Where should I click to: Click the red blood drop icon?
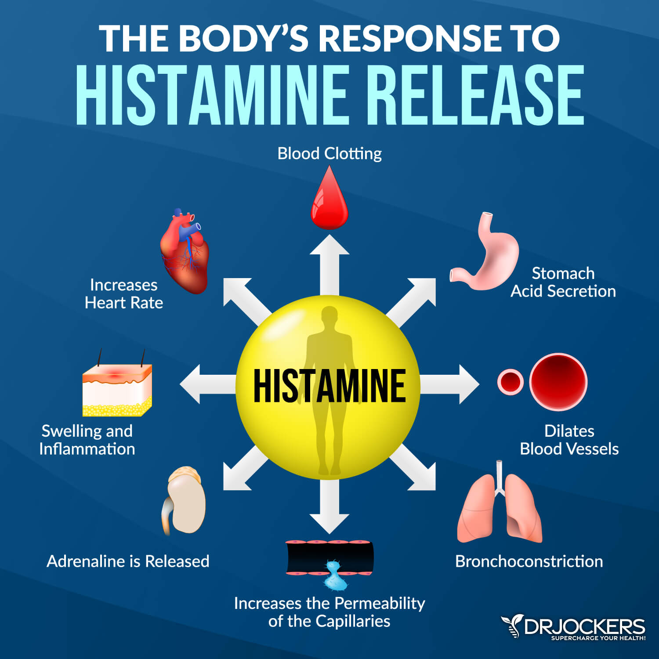pos(329,200)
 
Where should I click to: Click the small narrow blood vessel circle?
pos(511,382)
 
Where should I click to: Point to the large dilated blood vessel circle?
pos(558,382)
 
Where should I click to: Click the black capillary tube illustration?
pos(329,557)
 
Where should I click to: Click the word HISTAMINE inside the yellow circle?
pos(329,386)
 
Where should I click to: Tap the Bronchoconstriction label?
pos(529,561)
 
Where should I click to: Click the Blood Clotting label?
pos(329,154)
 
